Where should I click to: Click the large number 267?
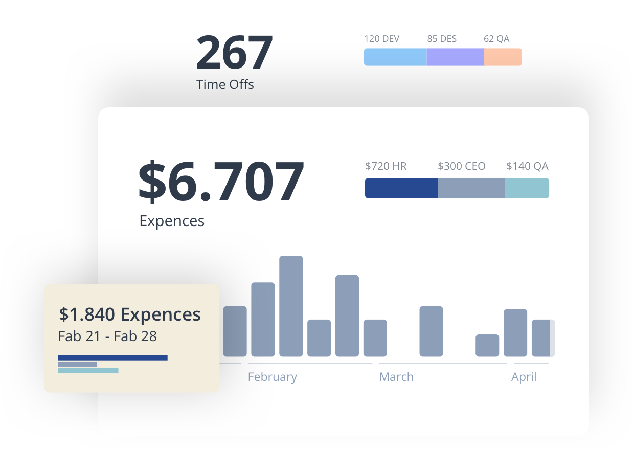tap(235, 52)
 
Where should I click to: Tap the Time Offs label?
tap(225, 84)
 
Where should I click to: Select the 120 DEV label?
tap(381, 39)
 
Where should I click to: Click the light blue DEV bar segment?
tap(395, 57)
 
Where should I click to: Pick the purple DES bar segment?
tap(455, 57)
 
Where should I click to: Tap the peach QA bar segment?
tap(503, 57)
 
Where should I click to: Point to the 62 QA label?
tap(496, 39)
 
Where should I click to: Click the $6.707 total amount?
tap(221, 181)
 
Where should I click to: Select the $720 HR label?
tap(386, 166)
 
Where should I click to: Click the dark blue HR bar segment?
tap(401, 188)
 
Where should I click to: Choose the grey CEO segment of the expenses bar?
tap(471, 188)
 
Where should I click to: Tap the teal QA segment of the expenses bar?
tap(527, 188)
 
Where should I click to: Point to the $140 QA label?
tap(527, 166)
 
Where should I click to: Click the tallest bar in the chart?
tap(291, 306)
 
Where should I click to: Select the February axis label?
tap(272, 377)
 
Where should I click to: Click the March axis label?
tap(396, 377)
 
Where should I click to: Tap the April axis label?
tap(524, 377)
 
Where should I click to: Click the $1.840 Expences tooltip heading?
tap(130, 314)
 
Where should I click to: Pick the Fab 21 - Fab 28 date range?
tap(107, 336)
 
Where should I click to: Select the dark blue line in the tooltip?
tap(112, 357)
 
